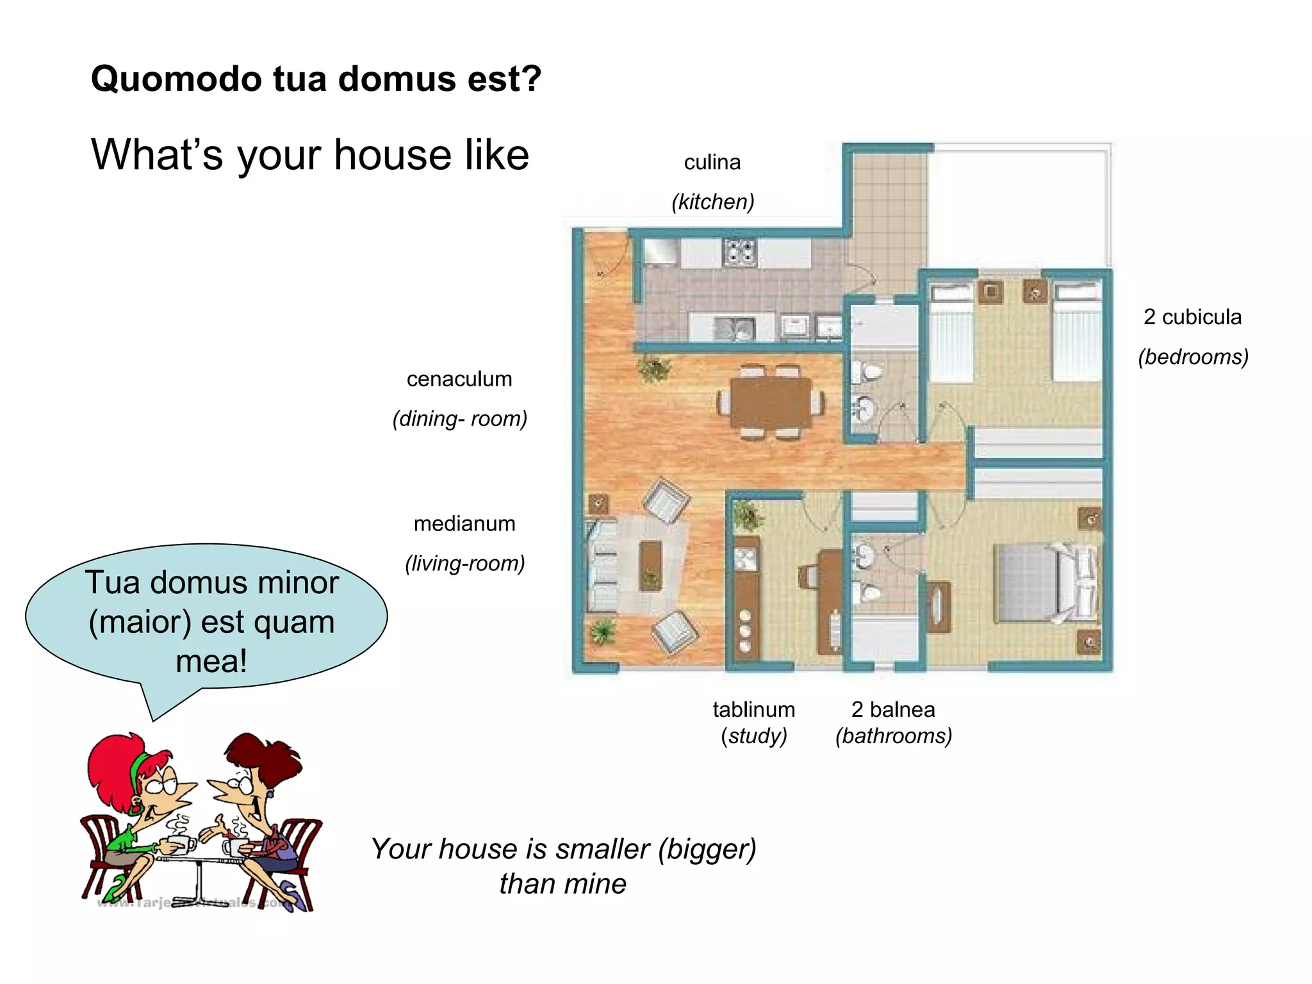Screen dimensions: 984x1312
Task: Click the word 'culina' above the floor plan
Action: coord(712,162)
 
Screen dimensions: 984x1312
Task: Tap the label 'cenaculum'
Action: coord(459,379)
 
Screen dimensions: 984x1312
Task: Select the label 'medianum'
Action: coord(464,523)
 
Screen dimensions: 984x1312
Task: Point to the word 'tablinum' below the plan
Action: coord(753,709)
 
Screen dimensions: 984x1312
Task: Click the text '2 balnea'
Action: coord(893,709)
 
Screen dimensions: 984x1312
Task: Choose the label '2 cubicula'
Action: coord(1192,316)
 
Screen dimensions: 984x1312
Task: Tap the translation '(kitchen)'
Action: coord(712,201)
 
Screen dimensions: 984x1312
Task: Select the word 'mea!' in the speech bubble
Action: coord(211,660)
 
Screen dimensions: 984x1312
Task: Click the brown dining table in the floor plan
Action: coord(771,402)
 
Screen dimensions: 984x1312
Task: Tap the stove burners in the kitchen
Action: coord(740,252)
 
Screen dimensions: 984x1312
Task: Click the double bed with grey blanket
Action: coord(1044,583)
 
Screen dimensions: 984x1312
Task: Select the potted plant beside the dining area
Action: coord(654,369)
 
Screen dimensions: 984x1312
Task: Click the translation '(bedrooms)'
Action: coord(1193,356)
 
